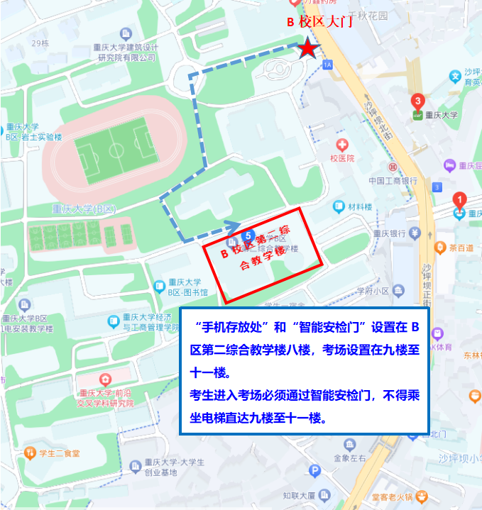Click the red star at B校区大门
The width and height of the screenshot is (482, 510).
(307, 48)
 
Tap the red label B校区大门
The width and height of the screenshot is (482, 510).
(319, 22)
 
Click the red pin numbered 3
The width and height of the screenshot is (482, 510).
(418, 102)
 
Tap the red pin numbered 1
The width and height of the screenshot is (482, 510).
(459, 200)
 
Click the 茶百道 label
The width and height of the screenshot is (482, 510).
(461, 248)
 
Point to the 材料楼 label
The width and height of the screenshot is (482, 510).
(360, 207)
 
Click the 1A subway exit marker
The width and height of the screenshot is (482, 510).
(327, 65)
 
